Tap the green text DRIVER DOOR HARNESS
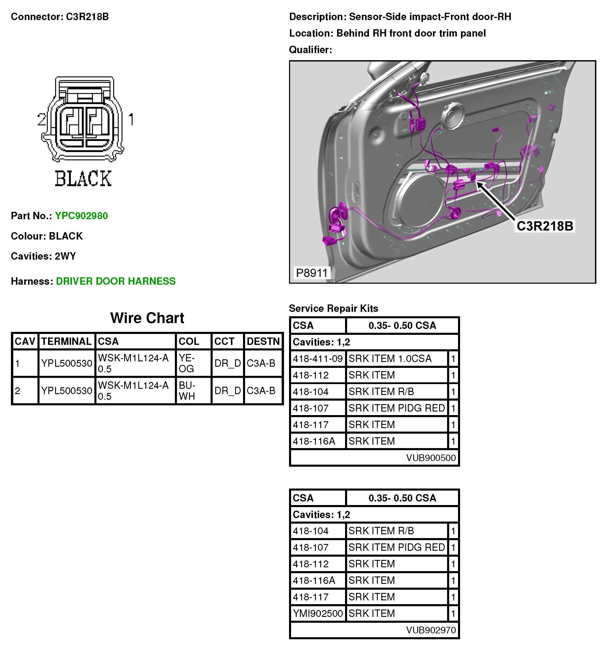pyautogui.click(x=116, y=281)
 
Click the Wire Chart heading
pyautogui.click(x=147, y=318)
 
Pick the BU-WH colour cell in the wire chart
pyautogui.click(x=187, y=391)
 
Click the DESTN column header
pyautogui.click(x=263, y=341)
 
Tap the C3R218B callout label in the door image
pyautogui.click(x=544, y=226)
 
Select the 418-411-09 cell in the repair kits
pyautogui.click(x=318, y=359)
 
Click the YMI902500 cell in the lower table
pyautogui.click(x=318, y=613)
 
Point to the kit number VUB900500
pyautogui.click(x=430, y=458)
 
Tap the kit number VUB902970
pyautogui.click(x=430, y=630)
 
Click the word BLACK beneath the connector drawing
pyautogui.click(x=83, y=178)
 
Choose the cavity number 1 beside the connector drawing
pyautogui.click(x=131, y=119)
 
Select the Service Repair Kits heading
pyautogui.click(x=333, y=308)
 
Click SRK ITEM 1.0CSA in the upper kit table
pyautogui.click(x=390, y=359)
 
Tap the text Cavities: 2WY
pyautogui.click(x=43, y=256)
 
